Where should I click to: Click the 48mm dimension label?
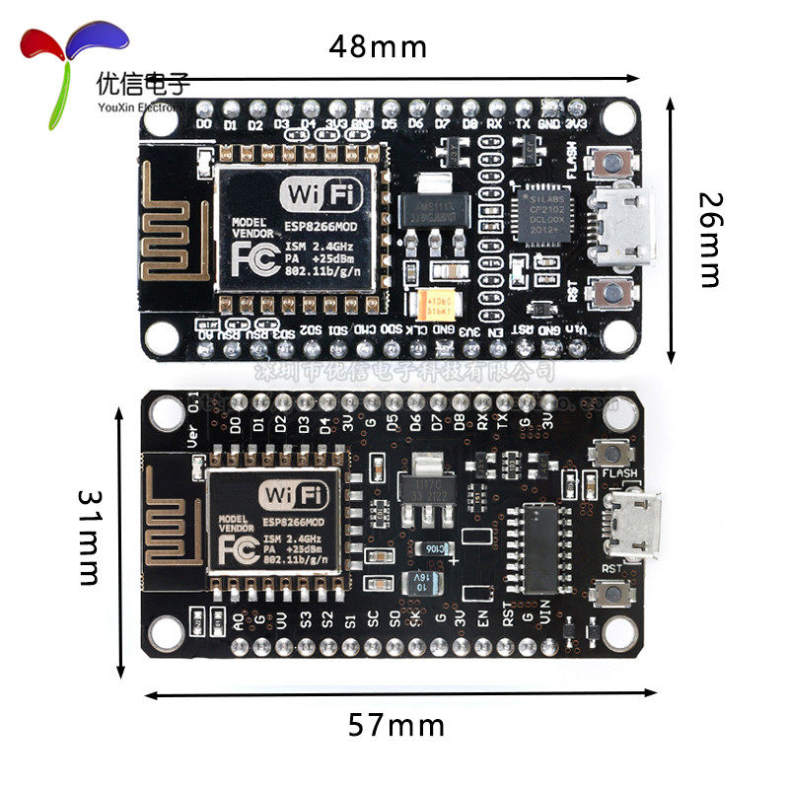378,45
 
